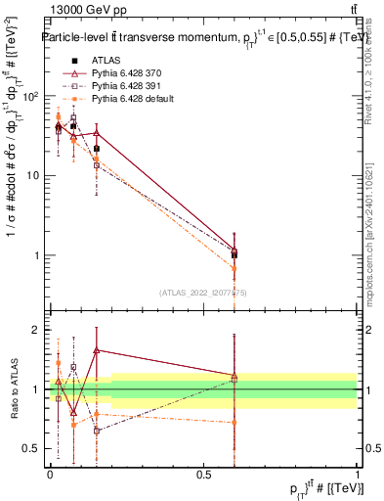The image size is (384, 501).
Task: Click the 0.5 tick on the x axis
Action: click(x=203, y=474)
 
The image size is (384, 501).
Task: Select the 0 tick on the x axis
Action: click(x=50, y=474)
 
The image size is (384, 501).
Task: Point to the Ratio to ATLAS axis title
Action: click(x=14, y=388)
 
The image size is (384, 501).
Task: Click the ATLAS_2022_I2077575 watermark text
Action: click(x=202, y=293)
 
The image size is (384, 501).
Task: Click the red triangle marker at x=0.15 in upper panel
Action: click(x=97, y=132)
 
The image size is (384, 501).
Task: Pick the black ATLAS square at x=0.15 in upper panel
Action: click(x=97, y=149)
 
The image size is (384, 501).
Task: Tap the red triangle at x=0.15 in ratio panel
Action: click(x=97, y=349)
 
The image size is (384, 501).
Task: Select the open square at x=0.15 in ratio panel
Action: click(x=97, y=431)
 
